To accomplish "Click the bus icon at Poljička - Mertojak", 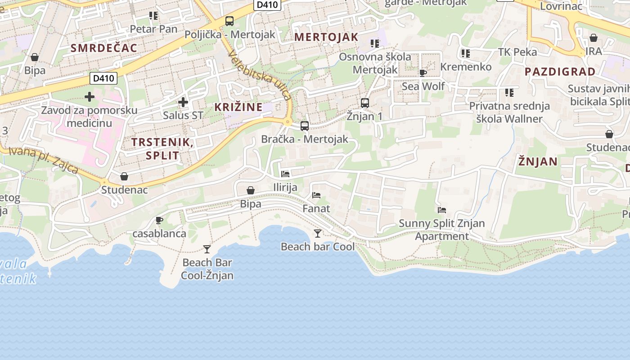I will pyautogui.click(x=229, y=21).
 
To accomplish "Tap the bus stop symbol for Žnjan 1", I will pyautogui.click(x=365, y=103).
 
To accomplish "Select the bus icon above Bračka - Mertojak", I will pyautogui.click(x=305, y=126).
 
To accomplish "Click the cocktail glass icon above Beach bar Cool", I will pyautogui.click(x=318, y=233).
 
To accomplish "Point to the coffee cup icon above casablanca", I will pyautogui.click(x=159, y=220).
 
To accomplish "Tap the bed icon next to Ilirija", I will pyautogui.click(x=285, y=174).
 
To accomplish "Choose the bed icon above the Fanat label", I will pyautogui.click(x=316, y=195).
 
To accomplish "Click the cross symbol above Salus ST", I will pyautogui.click(x=183, y=102).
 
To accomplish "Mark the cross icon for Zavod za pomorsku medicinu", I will pyautogui.click(x=90, y=97).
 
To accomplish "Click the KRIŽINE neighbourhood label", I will pyautogui.click(x=238, y=108).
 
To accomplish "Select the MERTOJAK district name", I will pyautogui.click(x=326, y=37).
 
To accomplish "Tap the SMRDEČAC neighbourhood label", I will pyautogui.click(x=104, y=48).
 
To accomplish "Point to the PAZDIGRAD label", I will pyautogui.click(x=560, y=72).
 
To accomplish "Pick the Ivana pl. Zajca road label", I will pyautogui.click(x=44, y=160).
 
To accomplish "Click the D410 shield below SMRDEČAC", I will pyautogui.click(x=103, y=79).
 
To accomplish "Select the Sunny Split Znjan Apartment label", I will pyautogui.click(x=442, y=229).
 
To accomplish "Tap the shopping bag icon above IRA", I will pyautogui.click(x=594, y=38).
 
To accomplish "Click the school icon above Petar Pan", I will pyautogui.click(x=153, y=16).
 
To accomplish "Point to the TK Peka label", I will pyautogui.click(x=517, y=52).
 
